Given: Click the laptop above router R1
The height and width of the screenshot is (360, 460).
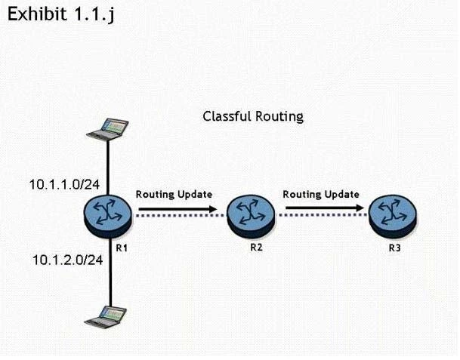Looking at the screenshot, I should pos(108,128).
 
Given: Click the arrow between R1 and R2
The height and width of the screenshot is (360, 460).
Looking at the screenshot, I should pos(178,204).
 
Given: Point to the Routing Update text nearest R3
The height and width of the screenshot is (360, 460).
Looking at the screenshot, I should pos(321,194).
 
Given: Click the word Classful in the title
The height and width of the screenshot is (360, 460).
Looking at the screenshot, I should pos(227,116).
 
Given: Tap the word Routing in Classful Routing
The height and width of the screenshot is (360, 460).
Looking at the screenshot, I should pos(279,117).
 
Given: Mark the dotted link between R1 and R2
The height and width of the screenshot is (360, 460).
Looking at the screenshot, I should pos(178,216).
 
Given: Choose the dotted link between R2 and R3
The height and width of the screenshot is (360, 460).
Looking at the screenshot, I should pos(321,216).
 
